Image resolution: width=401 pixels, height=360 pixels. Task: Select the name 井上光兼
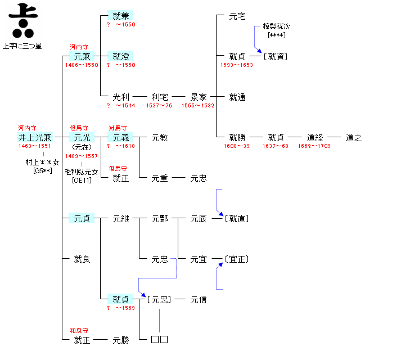coord(35,137)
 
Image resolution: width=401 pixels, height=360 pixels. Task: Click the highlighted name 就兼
coord(121,16)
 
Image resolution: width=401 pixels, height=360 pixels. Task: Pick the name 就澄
coord(121,56)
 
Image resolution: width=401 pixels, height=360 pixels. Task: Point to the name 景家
coord(199,97)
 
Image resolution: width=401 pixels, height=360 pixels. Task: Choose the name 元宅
coord(237,16)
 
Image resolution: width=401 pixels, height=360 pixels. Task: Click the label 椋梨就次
coord(276,26)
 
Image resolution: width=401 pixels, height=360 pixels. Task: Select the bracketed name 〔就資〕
coord(276,56)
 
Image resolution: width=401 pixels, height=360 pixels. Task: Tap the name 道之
coord(354,137)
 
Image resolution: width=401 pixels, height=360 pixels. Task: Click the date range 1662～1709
coord(314,146)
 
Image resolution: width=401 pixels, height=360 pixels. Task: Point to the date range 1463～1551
coord(35,146)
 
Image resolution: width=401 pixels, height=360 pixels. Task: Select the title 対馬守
coord(118,128)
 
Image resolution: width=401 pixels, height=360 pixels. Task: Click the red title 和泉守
coord(79,330)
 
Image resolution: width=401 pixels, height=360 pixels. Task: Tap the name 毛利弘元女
coord(82,171)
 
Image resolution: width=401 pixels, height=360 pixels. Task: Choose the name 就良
coord(82,259)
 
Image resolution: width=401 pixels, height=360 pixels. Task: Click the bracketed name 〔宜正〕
coord(237,259)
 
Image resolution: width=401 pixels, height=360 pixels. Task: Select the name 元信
coord(199,299)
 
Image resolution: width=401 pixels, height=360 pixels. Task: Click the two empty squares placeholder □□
coord(160,340)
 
